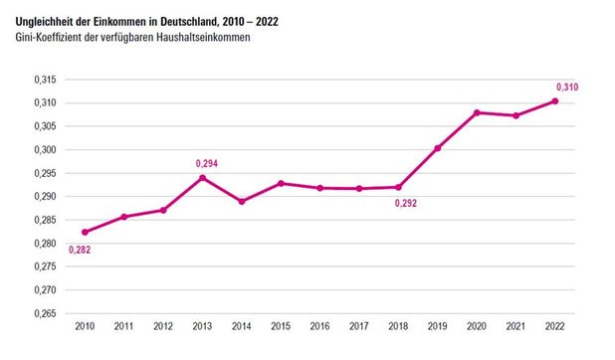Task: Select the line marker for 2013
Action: click(x=203, y=178)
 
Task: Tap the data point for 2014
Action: click(x=242, y=202)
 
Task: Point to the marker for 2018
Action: click(x=399, y=187)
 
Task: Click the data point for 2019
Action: click(x=438, y=148)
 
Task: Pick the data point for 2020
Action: click(x=477, y=112)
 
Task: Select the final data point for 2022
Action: click(x=555, y=100)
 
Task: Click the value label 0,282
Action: click(x=80, y=249)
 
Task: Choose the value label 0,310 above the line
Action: click(x=566, y=87)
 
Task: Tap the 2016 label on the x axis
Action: click(x=320, y=327)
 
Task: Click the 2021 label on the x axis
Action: click(x=516, y=327)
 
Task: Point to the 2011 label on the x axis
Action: click(x=124, y=327)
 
